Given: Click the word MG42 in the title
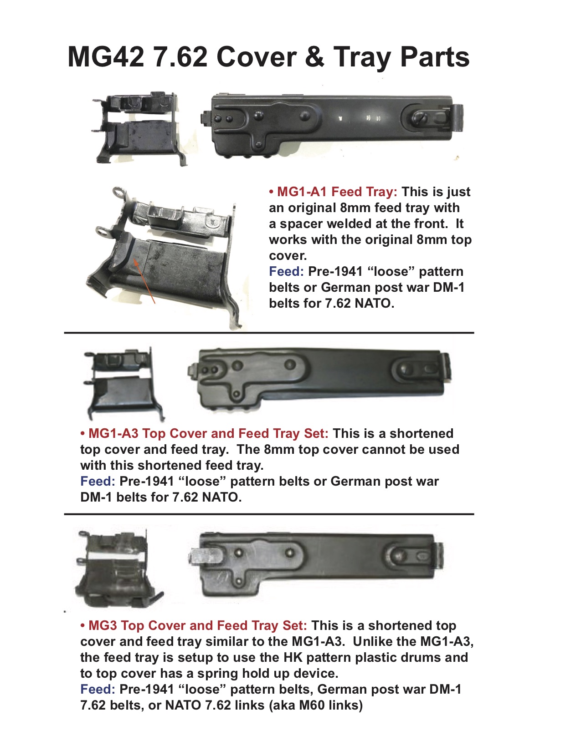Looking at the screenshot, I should tap(106, 57).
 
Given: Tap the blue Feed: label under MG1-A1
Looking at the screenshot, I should tap(286, 272).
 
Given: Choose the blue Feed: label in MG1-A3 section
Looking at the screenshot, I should tap(98, 482).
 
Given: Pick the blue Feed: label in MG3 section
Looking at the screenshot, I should tap(98, 690).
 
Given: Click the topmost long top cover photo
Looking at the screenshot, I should tap(333, 124).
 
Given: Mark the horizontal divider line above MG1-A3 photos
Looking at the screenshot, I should tap(269, 333).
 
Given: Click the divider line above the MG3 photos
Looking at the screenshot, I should tap(269, 514).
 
